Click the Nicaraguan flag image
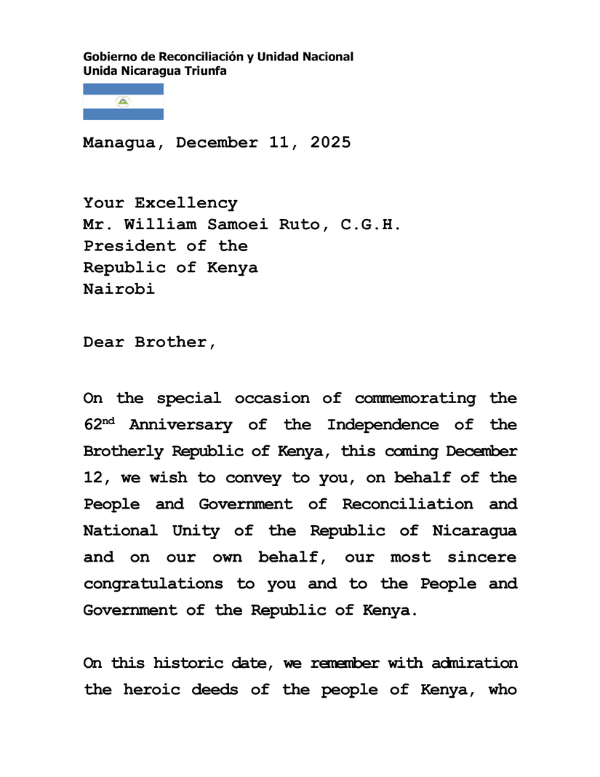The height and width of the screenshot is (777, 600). point(123,102)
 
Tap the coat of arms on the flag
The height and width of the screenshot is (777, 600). point(123,102)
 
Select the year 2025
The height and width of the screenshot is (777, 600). point(330,143)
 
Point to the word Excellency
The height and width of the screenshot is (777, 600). point(185,204)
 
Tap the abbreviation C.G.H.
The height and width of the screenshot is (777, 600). point(371,225)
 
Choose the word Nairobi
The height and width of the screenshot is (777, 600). point(119,289)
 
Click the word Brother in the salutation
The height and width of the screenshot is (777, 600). point(175,343)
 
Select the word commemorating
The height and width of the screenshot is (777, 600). point(415,399)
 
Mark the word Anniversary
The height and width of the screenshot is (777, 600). point(180,425)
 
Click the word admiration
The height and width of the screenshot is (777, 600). point(474,664)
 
